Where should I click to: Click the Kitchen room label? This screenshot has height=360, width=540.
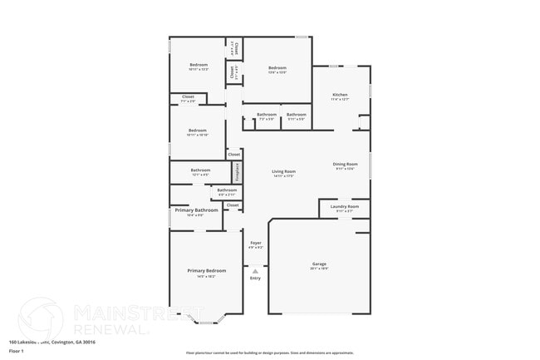pos(340,95)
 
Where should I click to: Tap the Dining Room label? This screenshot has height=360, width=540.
pos(345,165)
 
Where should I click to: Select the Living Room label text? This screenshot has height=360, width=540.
pos(283,172)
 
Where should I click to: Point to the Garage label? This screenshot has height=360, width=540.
pos(319,264)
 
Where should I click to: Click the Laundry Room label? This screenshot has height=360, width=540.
pos(344,206)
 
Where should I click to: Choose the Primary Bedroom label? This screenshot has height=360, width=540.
pos(206,271)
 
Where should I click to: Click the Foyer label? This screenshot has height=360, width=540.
pos(256,243)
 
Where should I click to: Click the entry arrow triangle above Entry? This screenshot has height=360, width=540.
pos(256,270)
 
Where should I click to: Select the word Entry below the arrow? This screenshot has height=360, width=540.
pos(255,278)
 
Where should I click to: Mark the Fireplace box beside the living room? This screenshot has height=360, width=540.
pos(237,172)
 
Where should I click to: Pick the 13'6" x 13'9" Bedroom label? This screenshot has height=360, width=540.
pos(277,68)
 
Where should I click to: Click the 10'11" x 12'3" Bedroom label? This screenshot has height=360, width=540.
pos(198,65)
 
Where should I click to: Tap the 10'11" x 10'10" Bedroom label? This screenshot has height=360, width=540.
pos(197,131)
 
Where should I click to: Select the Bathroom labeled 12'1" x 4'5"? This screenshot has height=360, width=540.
pos(200,170)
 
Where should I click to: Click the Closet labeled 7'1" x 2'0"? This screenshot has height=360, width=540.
pos(188,97)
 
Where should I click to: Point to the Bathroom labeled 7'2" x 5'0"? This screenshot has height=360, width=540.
pos(267,115)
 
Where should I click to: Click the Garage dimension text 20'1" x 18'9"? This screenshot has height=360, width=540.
pos(319,269)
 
